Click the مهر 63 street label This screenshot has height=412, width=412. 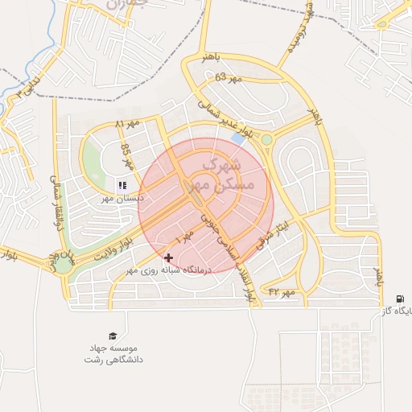pyautogui.click(x=228, y=78)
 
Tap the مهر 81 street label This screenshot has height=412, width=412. pyautogui.click(x=127, y=126)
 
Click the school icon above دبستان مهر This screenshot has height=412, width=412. pyautogui.click(x=122, y=185)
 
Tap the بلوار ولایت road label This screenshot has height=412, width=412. pyautogui.click(x=113, y=245)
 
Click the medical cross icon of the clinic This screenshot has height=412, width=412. pyautogui.click(x=168, y=258)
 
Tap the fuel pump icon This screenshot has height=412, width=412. pyautogui.click(x=400, y=299)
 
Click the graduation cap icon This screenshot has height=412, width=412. pyautogui.click(x=113, y=336)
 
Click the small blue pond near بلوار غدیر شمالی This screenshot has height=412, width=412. pyautogui.click(x=238, y=138)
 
